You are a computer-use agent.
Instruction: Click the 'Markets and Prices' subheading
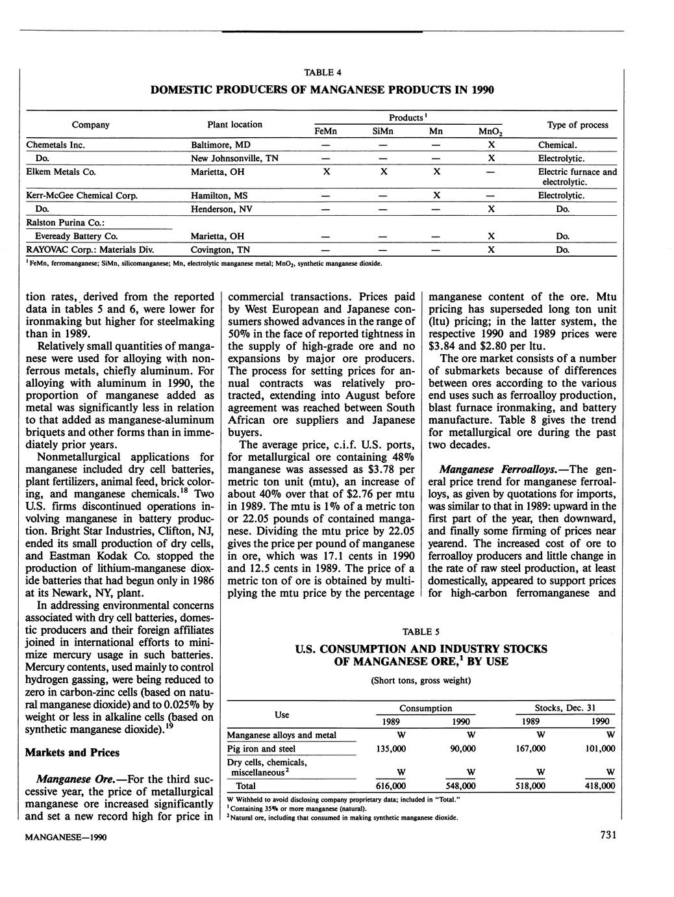72,752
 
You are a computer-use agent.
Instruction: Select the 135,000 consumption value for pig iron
391,749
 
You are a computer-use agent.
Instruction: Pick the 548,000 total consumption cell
460,786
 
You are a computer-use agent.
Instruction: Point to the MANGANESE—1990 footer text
66,837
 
